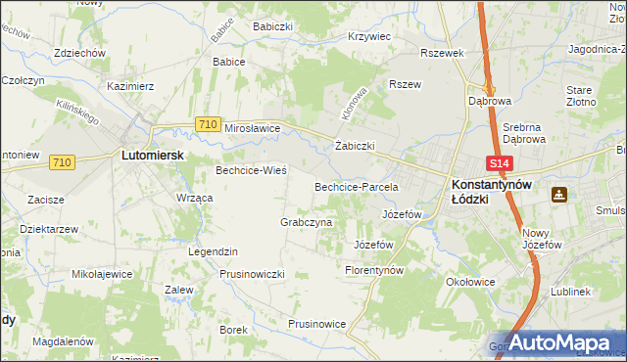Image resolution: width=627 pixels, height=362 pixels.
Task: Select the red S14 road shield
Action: coord(500,164)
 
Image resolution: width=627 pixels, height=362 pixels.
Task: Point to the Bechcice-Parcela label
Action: coord(356,186)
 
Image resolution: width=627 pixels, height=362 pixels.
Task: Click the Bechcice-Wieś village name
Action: coord(251,170)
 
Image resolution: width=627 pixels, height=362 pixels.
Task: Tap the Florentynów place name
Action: coord(374,269)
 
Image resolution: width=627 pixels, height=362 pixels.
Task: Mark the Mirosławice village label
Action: coord(253,128)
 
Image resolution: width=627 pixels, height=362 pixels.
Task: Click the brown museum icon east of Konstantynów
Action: coord(559,195)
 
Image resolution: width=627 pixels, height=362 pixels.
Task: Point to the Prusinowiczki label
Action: coord(252,274)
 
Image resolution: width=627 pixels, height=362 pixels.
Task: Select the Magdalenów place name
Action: coord(63,341)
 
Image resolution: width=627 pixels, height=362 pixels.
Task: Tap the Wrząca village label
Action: coord(194,198)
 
